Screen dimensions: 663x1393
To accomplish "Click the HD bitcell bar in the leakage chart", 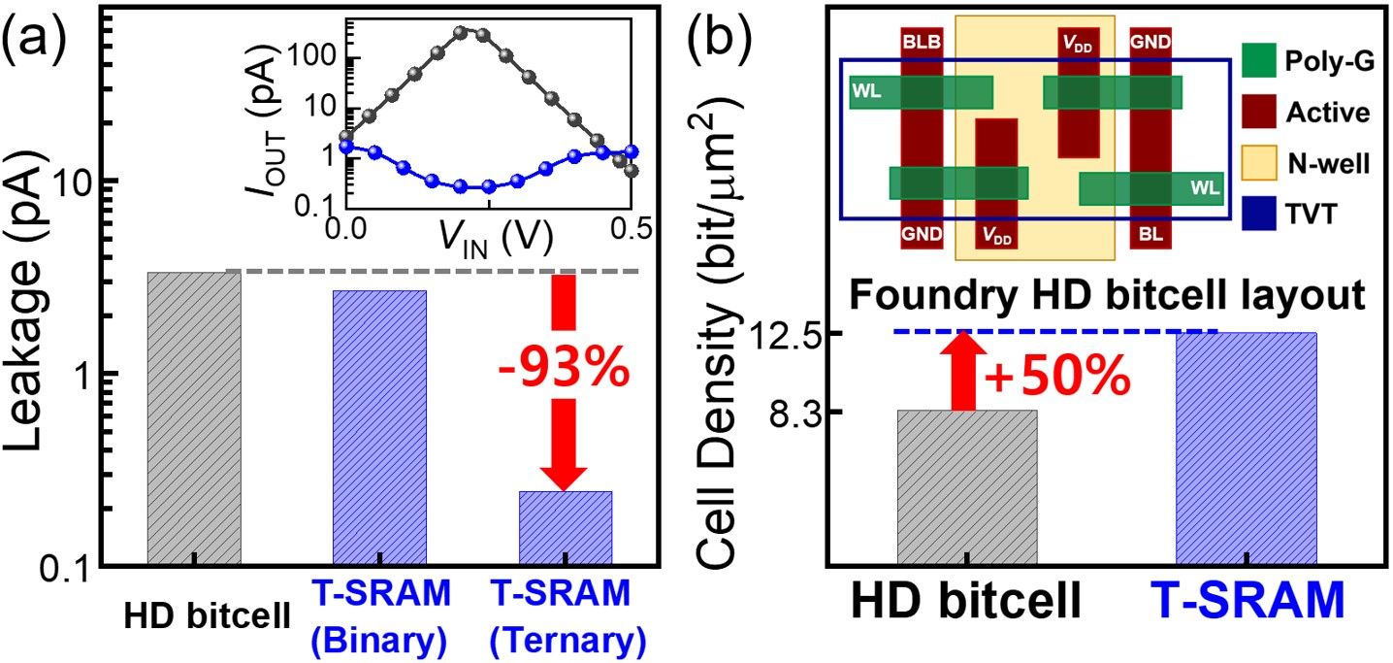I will click(194, 417).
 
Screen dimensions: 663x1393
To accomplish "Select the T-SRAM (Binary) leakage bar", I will click(379, 427).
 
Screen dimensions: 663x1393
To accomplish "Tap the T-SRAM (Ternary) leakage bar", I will click(566, 527).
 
